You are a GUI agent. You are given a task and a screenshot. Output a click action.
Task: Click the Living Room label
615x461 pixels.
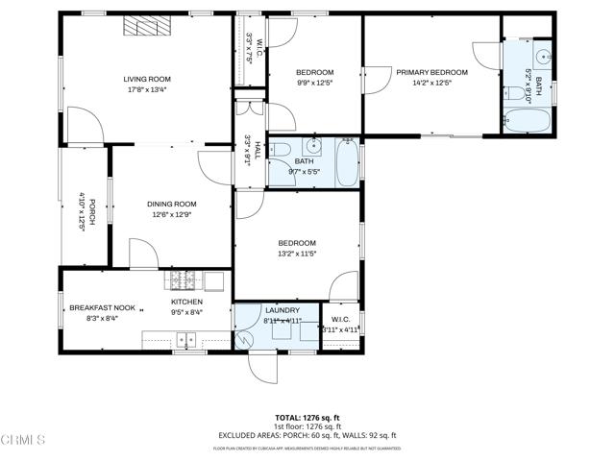[x=147, y=79]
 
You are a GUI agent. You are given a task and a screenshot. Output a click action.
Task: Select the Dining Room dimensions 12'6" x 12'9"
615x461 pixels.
[x=171, y=214]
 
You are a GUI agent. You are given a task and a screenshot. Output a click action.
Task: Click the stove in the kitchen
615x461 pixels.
[x=184, y=280]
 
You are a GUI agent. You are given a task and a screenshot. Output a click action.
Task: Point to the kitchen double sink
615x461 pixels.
[x=184, y=338]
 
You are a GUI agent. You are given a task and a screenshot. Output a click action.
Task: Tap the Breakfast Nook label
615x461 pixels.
[x=102, y=308]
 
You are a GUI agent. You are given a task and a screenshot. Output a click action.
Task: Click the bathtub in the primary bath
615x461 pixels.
[x=527, y=122]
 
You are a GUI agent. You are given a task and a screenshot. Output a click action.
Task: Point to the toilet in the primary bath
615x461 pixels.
[x=515, y=93]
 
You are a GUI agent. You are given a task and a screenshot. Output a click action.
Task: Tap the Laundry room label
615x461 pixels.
[x=282, y=310]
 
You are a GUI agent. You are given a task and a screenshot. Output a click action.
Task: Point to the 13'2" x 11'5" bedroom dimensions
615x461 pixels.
[x=297, y=255]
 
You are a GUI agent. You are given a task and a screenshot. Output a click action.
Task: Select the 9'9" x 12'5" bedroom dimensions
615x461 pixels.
[x=314, y=85]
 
